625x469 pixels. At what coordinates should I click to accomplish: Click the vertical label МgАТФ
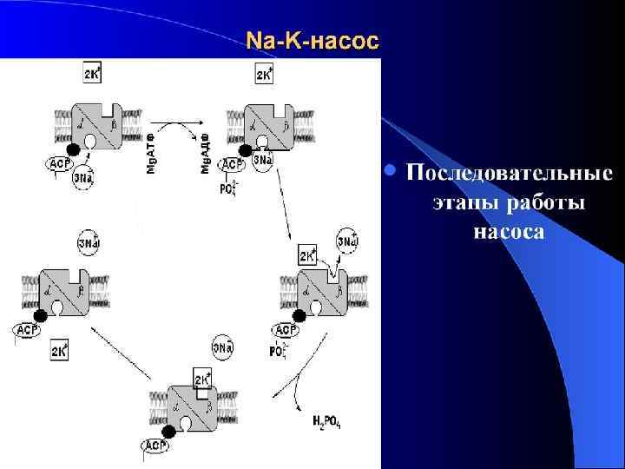[x=150, y=152]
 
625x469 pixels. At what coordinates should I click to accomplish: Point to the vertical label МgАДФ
[x=206, y=152]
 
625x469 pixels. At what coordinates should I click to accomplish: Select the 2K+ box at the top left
[x=92, y=75]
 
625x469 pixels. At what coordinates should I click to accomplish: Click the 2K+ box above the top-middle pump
[x=265, y=75]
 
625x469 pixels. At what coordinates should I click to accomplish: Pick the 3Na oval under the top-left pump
[x=84, y=178]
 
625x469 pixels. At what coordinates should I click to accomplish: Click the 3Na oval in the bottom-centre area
[x=223, y=348]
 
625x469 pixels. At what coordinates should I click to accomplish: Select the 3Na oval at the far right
[x=347, y=241]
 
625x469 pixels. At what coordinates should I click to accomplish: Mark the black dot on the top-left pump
[x=74, y=150]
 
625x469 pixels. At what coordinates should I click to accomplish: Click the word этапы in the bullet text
[x=461, y=202]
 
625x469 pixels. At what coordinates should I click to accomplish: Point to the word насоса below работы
[x=509, y=232]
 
